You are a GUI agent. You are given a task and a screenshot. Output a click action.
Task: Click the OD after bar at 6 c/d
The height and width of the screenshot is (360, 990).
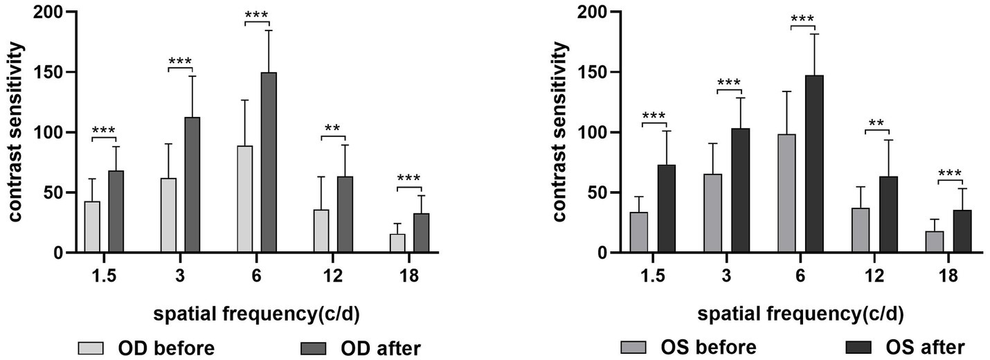pyautogui.click(x=269, y=163)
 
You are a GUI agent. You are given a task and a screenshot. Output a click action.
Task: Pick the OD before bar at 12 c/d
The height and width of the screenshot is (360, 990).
pyautogui.click(x=321, y=231)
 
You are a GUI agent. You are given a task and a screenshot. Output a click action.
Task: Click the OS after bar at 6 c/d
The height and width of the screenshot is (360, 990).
pyautogui.click(x=814, y=164)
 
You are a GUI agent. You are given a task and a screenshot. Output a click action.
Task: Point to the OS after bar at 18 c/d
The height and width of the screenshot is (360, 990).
pyautogui.click(x=962, y=231)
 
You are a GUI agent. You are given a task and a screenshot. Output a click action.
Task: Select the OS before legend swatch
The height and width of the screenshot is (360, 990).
pyautogui.click(x=633, y=346)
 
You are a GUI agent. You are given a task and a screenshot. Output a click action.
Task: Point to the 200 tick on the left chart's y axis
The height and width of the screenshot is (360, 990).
pyautogui.click(x=46, y=12)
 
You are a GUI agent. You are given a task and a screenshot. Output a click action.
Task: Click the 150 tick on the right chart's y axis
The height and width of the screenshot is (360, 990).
pyautogui.click(x=591, y=73)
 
